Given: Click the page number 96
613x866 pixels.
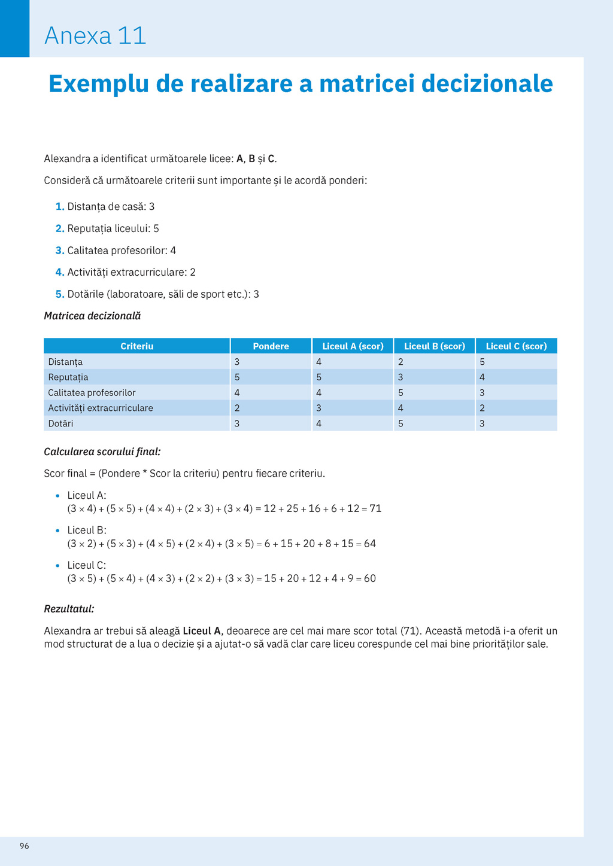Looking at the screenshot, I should click(24, 846).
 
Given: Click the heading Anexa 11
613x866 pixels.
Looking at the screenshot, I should click(95, 36).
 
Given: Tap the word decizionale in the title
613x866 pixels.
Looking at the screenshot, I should click(487, 84).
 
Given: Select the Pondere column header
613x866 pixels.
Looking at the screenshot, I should click(271, 346).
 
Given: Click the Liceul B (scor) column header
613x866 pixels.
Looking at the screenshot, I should click(434, 346).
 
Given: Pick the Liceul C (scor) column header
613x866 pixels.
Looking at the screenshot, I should click(516, 346).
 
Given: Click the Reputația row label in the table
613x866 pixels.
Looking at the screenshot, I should click(68, 377).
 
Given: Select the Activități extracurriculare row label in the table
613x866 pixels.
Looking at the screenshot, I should click(101, 408).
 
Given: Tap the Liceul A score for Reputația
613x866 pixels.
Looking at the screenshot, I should click(319, 377).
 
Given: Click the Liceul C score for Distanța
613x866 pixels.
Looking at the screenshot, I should click(482, 362).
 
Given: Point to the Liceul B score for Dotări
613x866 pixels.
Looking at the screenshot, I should click(400, 423).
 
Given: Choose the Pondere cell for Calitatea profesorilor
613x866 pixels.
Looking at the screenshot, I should click(237, 393).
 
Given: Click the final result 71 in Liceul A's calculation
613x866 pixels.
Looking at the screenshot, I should click(375, 509).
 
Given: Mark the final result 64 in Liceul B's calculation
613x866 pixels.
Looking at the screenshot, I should click(370, 544).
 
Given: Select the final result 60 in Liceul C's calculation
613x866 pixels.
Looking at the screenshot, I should click(370, 579).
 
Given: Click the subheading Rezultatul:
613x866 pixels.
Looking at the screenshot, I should click(69, 609).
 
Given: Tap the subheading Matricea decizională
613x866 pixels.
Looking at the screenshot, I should click(92, 316).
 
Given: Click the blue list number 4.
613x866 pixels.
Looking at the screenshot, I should click(59, 273).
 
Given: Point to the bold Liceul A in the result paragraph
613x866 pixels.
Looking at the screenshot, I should click(202, 631).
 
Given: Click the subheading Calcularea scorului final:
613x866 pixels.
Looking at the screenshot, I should click(102, 452).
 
